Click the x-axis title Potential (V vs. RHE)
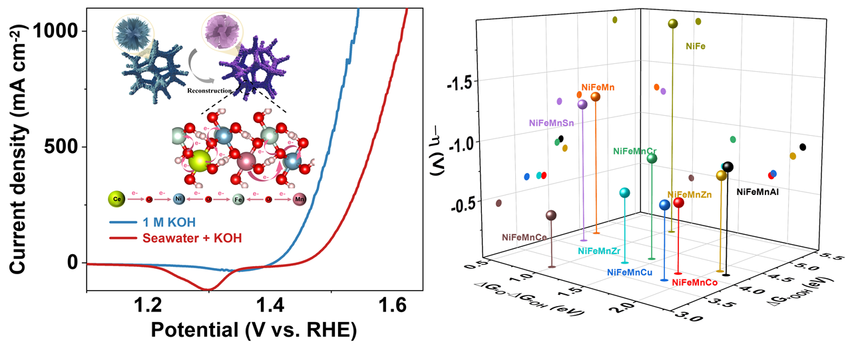(253, 330)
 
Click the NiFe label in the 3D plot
(695, 47)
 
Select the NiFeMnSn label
(551, 123)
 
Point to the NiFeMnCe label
(525, 237)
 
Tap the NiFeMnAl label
(757, 192)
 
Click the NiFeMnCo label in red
(694, 283)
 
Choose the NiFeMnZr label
(599, 251)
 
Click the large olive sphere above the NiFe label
(673, 24)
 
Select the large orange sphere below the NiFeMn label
(595, 97)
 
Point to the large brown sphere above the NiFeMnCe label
(550, 215)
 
